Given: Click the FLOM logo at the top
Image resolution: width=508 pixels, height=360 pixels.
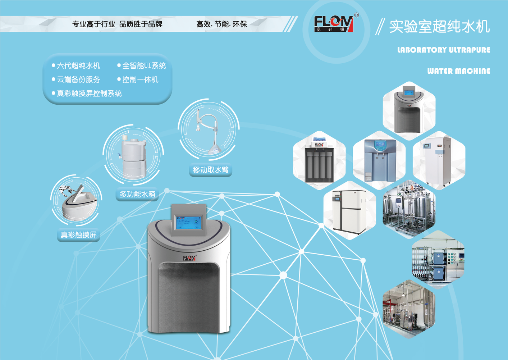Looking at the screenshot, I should point(334,24).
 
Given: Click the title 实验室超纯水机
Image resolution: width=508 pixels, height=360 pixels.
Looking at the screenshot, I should point(439,27).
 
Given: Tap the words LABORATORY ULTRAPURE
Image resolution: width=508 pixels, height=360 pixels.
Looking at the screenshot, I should point(444,50).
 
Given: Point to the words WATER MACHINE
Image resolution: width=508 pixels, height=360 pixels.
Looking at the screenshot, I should point(458,71).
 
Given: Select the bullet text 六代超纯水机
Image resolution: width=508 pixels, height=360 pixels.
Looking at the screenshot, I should point(78,66).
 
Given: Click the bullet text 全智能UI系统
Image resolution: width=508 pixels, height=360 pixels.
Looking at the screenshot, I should point(144,66).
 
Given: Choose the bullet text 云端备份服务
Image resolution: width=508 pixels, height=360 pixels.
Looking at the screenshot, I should point(78,80).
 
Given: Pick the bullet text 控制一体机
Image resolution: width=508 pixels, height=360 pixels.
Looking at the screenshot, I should point(140,80).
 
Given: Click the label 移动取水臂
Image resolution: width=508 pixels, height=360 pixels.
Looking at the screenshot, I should point(211,170).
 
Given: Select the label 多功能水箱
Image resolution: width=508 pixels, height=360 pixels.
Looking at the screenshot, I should point(137,194).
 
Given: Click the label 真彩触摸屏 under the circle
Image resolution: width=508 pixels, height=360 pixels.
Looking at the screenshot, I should point(78,235).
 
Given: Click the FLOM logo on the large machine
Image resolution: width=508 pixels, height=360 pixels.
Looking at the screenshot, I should point(189,258).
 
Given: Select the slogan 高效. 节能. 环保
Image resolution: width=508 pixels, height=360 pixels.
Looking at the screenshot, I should point(221,24).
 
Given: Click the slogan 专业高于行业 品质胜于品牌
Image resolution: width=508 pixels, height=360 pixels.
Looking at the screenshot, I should point(117,24).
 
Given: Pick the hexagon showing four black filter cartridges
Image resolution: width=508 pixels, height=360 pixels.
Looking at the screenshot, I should point(319,161).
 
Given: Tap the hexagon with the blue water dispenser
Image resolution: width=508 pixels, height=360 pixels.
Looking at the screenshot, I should point(380,160).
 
